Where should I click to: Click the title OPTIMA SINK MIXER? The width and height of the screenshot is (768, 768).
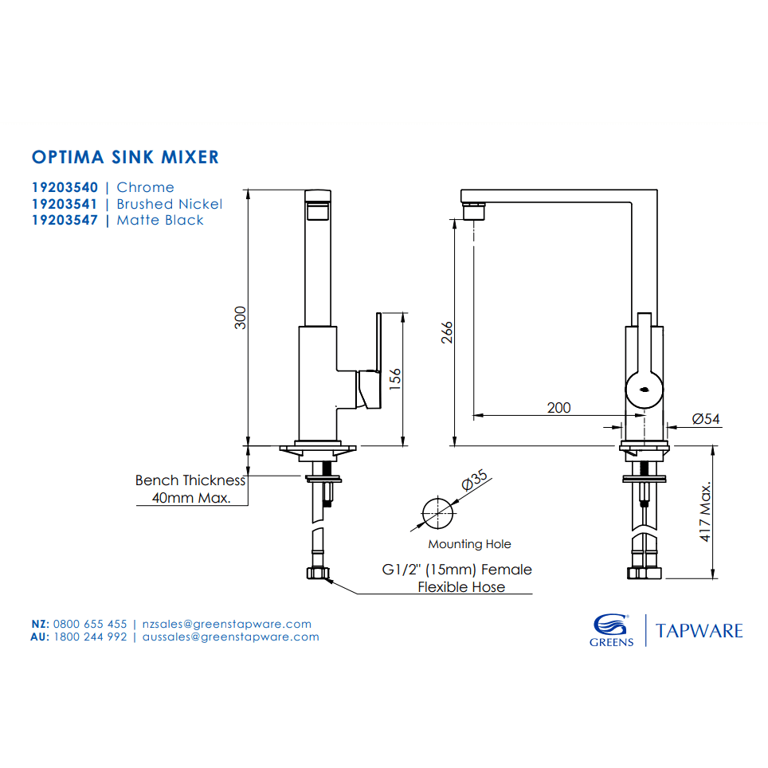tap(125, 156)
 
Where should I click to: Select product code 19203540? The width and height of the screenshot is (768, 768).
tap(65, 187)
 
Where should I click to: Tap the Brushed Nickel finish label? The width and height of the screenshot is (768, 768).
tap(169, 204)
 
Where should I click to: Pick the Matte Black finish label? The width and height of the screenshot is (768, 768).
tap(160, 220)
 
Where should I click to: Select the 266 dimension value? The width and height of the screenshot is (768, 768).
tap(447, 332)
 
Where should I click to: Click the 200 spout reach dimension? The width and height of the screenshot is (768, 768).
tap(558, 407)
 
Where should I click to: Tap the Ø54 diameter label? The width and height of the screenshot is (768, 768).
tap(706, 418)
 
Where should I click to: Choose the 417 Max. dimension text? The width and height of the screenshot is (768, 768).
tap(705, 512)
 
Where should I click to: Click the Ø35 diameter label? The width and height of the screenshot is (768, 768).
tap(474, 483)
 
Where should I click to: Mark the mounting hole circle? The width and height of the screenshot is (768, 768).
tap(436, 512)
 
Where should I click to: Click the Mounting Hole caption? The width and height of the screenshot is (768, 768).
tap(469, 544)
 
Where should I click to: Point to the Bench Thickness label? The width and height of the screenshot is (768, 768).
tap(190, 480)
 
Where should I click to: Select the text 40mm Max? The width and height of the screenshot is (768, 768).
tap(191, 499)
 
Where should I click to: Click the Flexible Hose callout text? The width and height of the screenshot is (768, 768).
tap(461, 587)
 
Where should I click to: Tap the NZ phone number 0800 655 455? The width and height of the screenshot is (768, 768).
tap(90, 624)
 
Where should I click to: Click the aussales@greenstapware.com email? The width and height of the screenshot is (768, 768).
tap(230, 637)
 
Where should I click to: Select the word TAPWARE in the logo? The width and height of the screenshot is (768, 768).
tap(699, 631)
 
